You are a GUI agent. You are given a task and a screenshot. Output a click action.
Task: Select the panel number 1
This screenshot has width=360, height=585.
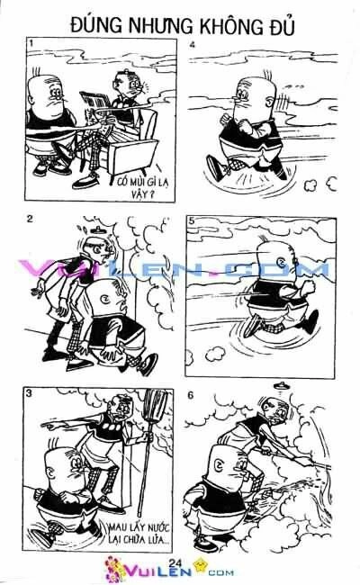coord(31,43)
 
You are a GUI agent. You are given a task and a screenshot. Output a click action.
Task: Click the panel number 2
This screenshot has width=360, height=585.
coord(31,219)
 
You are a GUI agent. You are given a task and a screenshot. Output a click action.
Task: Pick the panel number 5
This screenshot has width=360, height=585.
coord(193,220)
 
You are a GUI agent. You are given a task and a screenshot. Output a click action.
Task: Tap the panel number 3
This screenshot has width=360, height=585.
coord(31,394)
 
